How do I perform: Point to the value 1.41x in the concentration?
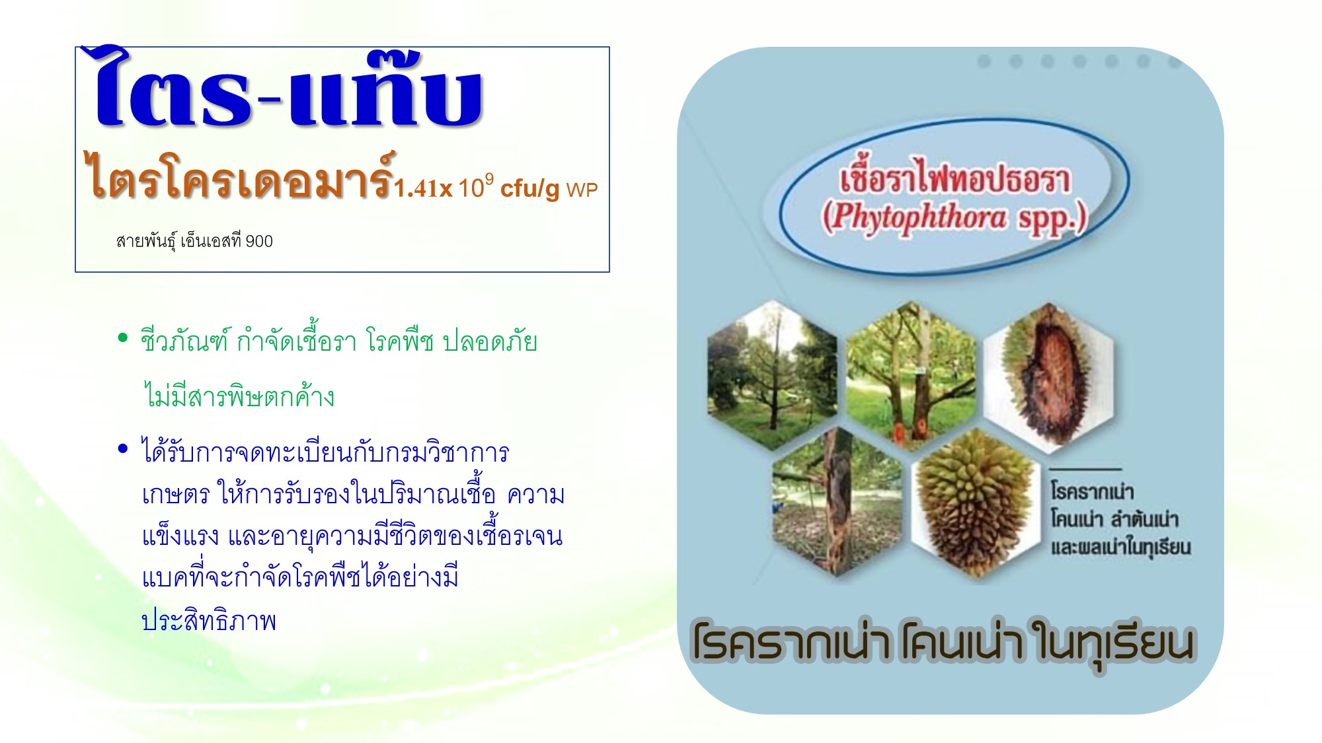click(423, 190)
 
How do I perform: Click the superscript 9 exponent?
click(488, 178)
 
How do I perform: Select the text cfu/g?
click(529, 189)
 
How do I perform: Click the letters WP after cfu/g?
click(582, 190)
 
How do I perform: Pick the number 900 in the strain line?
click(259, 242)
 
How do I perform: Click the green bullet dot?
click(122, 339)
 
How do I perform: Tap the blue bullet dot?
click(122, 450)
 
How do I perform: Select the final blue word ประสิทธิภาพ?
click(209, 621)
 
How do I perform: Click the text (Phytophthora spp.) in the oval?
click(953, 217)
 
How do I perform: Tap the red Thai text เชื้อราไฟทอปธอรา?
click(954, 180)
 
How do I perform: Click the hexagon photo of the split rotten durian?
click(1049, 376)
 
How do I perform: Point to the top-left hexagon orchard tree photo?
click(771, 374)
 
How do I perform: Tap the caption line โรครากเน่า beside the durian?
click(1092, 491)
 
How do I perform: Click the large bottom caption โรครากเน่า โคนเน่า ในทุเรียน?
click(943, 643)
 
